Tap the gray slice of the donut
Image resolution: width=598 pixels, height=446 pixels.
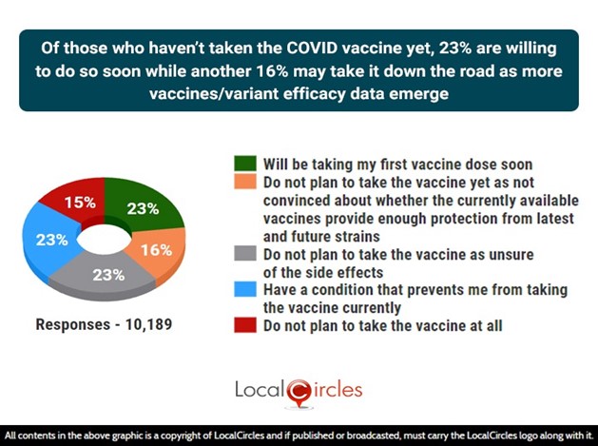(105, 277)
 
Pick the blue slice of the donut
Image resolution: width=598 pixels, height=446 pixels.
(49, 241)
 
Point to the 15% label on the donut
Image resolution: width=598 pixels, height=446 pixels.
(80, 203)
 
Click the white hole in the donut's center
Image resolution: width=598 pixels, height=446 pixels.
(105, 240)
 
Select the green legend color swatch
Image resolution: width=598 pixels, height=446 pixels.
(245, 164)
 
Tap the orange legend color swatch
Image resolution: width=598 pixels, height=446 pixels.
(245, 182)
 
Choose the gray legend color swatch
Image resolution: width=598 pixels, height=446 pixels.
(245, 253)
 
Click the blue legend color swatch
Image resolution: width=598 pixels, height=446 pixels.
(245, 289)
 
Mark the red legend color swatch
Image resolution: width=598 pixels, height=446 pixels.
(245, 325)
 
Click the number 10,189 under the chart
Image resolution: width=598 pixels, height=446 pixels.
(148, 324)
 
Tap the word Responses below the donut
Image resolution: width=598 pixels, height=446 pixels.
(73, 325)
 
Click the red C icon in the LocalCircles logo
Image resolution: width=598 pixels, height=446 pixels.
(299, 393)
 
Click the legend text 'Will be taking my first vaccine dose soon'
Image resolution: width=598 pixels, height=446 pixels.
(397, 165)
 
